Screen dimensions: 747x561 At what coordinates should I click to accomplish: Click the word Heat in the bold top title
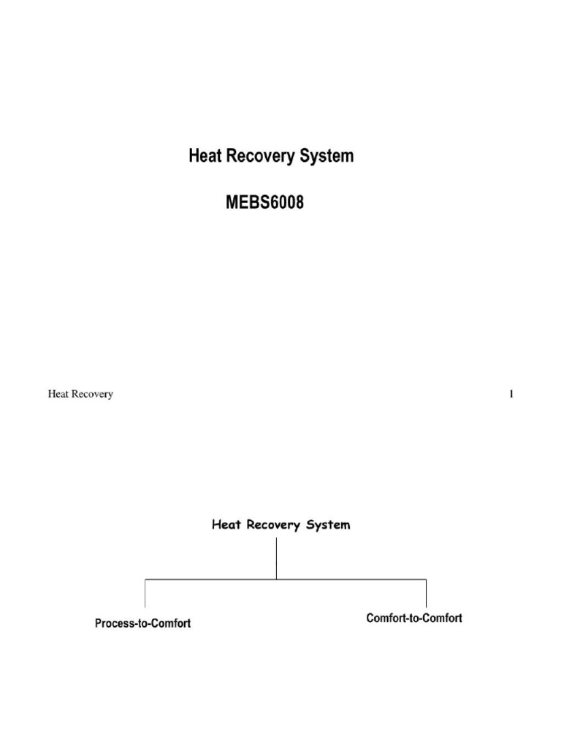coord(205,156)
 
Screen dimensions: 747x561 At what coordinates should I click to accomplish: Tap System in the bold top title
coord(326,157)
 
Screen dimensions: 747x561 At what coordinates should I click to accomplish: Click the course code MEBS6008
coord(264,204)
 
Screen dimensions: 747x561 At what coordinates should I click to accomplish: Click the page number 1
coord(511,395)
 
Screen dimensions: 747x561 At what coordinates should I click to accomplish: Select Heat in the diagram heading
coord(227,525)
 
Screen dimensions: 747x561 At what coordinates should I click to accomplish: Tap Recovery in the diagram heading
coord(277,525)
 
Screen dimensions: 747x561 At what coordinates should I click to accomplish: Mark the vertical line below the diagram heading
coord(277,558)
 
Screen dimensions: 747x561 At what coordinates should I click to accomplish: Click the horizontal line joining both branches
coord(285,580)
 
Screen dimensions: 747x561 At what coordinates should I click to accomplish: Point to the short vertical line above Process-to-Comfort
coord(145,593)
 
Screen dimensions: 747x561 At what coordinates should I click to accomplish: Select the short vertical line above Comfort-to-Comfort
coord(426,593)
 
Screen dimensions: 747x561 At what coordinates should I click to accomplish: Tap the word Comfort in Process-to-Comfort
coord(171,624)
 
